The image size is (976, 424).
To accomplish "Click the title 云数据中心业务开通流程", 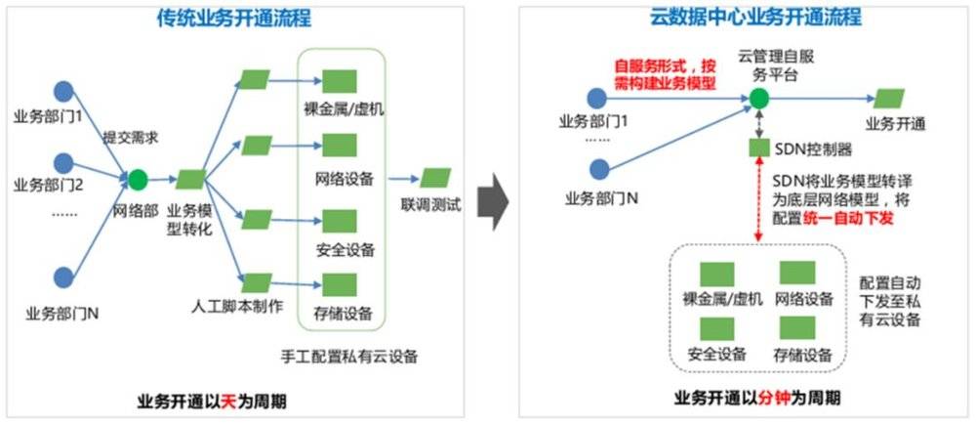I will click(742, 19).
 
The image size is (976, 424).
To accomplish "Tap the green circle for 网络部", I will click(138, 179).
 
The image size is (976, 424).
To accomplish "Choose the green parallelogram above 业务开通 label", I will click(889, 99).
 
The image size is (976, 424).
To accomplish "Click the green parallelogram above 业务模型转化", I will click(189, 180).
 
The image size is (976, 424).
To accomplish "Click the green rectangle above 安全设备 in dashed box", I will click(718, 326).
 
